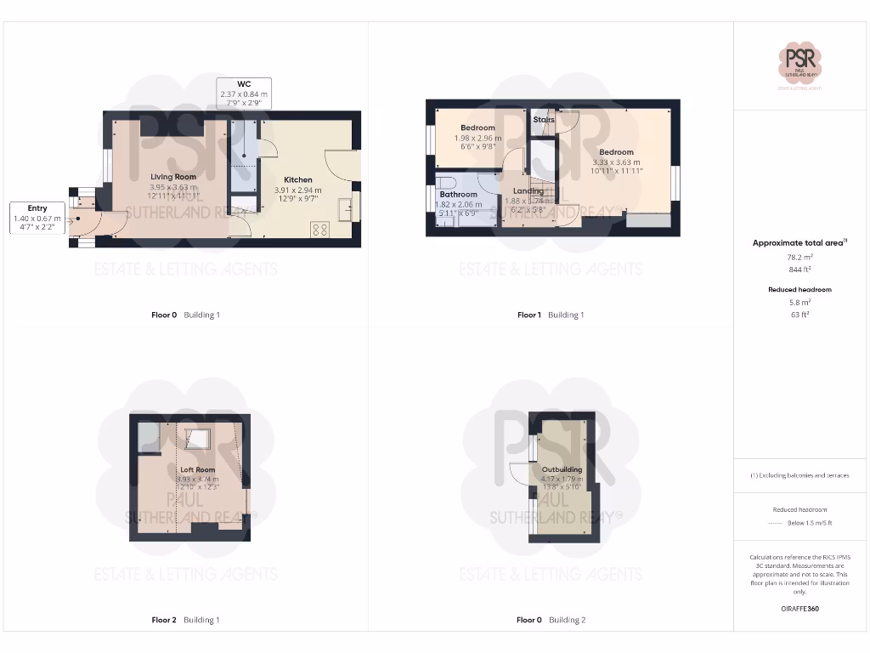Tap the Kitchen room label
298,180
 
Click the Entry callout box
37,219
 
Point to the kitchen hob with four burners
320,228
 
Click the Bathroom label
458,195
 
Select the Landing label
528,191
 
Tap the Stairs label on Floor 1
544,120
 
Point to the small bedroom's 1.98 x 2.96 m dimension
477,138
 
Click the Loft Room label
197,469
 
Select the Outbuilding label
562,469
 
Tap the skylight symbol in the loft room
198,439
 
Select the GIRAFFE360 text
799,609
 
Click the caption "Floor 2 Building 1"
185,620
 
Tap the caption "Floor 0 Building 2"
551,620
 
